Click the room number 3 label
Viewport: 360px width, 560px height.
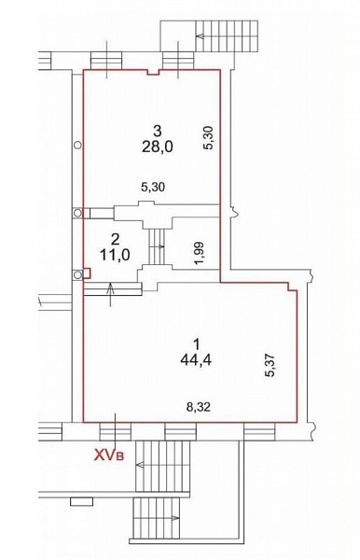click(157, 131)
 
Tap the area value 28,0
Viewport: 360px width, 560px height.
click(157, 147)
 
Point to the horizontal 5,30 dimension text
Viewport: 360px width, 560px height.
click(153, 187)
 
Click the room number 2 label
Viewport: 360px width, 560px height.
click(115, 238)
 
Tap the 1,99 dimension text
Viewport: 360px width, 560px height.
click(201, 253)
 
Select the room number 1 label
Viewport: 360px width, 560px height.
click(196, 344)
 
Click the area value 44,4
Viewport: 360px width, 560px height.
click(196, 360)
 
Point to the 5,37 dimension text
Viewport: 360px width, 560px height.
click(270, 365)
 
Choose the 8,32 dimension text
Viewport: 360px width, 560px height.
click(199, 407)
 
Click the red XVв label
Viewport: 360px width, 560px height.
click(108, 455)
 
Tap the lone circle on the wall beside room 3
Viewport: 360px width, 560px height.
click(77, 145)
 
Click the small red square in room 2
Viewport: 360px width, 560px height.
click(87, 273)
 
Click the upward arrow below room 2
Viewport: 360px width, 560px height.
click(111, 294)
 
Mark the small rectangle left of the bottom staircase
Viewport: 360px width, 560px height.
click(82, 501)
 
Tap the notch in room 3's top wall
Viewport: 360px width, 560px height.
click(153, 72)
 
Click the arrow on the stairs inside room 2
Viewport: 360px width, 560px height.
click(159, 246)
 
